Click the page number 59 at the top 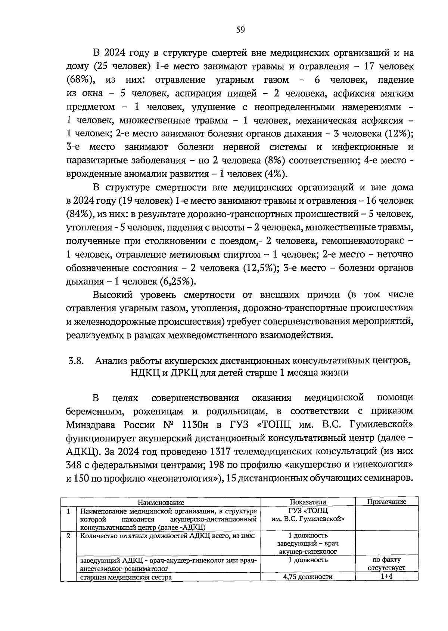pyautogui.click(x=240, y=30)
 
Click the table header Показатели pyautogui.click(x=308, y=502)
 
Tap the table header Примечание pyautogui.click(x=387, y=502)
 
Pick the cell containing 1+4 pyautogui.click(x=386, y=576)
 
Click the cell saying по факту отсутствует pyautogui.click(x=386, y=564)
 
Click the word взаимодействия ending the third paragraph pyautogui.click(x=295, y=335)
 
